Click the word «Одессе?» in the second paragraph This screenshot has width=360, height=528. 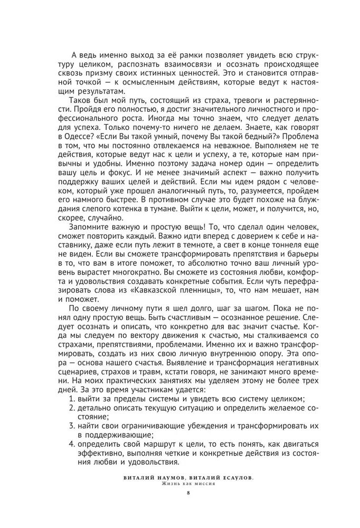coord(77,150)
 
